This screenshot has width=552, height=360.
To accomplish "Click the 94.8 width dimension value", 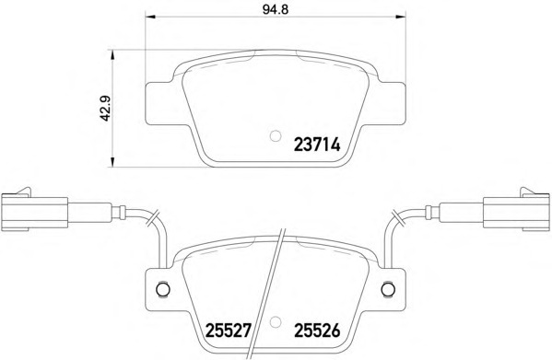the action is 276,9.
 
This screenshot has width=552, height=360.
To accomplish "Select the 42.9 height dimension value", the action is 105,109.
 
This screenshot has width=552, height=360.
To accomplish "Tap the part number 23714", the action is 317,145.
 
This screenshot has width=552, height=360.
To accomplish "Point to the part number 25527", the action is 229,331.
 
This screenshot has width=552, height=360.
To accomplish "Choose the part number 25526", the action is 317,331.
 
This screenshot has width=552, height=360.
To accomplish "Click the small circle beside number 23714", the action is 276,135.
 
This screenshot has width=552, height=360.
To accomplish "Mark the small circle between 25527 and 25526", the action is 276,321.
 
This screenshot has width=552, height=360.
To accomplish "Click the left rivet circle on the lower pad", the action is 162,289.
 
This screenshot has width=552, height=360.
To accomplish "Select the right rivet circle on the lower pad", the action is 388,289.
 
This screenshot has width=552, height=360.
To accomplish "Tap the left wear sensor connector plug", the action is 34,210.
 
